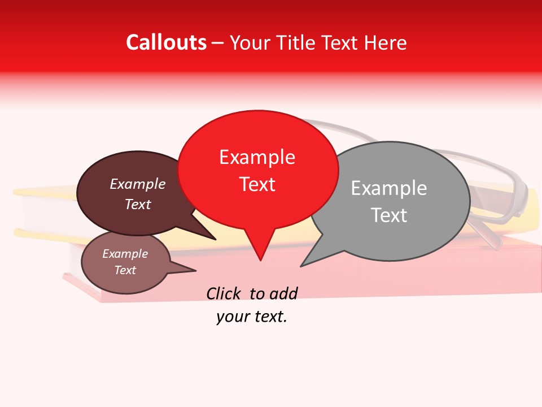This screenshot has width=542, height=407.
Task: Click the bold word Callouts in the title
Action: [166, 42]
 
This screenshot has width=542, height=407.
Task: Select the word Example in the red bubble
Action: [257, 157]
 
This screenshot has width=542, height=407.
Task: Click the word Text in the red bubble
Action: [257, 184]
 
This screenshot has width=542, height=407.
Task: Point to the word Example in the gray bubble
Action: [388, 188]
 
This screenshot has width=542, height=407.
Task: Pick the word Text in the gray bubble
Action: [388, 215]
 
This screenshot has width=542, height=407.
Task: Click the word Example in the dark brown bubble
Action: [137, 184]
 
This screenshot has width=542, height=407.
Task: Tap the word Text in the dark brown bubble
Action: [137, 204]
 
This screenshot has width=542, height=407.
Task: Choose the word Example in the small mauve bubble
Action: [125, 254]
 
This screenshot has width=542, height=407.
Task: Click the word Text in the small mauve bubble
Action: [125, 270]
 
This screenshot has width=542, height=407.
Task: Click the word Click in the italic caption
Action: [225, 293]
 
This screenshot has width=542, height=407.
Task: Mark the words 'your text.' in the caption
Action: [252, 317]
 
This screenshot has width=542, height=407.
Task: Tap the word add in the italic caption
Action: [284, 293]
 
